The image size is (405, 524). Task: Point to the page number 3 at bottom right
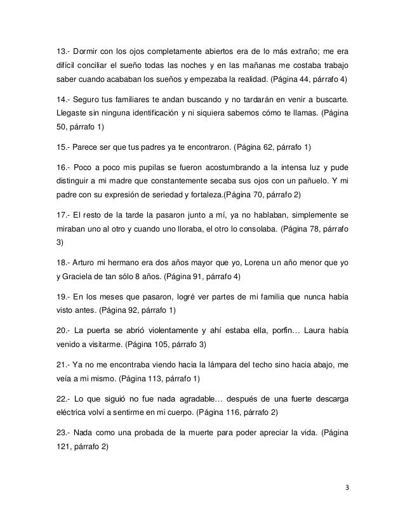(x=347, y=489)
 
